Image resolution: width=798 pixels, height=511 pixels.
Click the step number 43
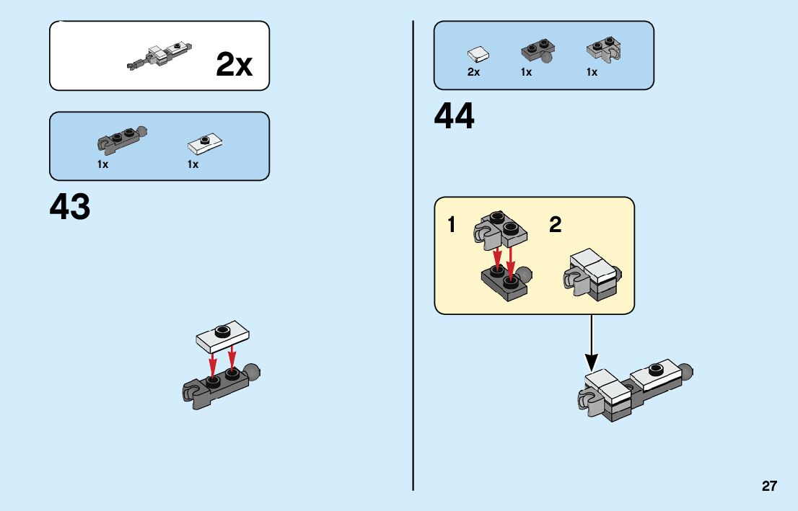coord(70,207)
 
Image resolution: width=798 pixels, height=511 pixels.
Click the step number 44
coord(455,117)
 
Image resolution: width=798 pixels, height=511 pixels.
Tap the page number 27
coord(769,486)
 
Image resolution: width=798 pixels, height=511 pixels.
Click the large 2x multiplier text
coord(234,66)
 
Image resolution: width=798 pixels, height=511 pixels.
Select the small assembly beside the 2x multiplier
coord(160,56)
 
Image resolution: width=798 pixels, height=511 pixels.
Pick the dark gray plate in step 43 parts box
coord(121,140)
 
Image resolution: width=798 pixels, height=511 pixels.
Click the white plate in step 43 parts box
coord(205,143)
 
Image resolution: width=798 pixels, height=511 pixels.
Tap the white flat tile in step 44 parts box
coord(478,54)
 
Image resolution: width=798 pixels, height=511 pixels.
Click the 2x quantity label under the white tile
coord(473,72)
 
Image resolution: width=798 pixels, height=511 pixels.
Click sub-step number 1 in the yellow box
coord(452,226)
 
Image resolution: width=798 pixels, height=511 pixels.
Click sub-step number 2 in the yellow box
coord(555,226)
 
